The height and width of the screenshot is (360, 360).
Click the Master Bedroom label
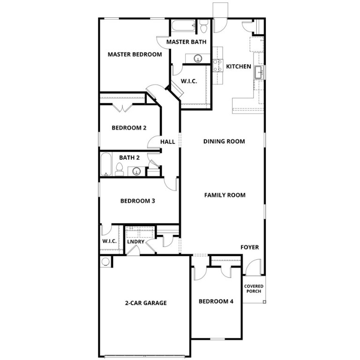tap(135, 54)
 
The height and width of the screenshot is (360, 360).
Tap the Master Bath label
tap(186, 42)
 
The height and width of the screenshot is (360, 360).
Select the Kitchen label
tap(239, 67)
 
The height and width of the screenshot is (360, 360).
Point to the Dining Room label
tap(224, 141)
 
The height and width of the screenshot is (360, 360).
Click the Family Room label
tap(225, 195)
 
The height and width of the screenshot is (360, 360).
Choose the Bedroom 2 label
tap(129, 127)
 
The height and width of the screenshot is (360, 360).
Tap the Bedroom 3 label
tap(138, 201)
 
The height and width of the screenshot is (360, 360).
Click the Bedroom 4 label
tap(216, 301)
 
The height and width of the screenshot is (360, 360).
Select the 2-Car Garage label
tap(146, 303)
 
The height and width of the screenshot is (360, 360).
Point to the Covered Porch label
tap(254, 289)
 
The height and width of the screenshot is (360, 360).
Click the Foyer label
tap(249, 247)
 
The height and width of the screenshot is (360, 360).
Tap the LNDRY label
tap(135, 242)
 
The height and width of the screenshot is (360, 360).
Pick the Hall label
tap(167, 142)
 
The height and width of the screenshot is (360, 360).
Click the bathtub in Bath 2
tap(106, 164)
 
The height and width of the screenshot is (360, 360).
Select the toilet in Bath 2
tap(119, 170)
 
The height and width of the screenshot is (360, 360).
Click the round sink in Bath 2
tap(136, 171)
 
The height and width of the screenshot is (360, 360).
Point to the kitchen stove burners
tap(217, 65)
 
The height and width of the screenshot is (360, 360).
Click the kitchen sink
tap(258, 73)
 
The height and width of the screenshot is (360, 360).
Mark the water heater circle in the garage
tap(105, 262)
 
